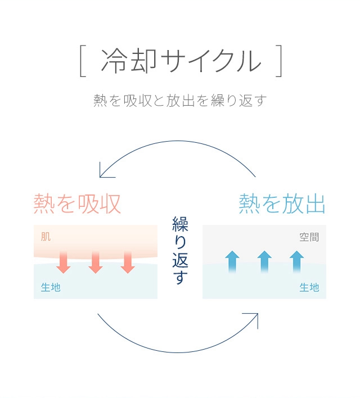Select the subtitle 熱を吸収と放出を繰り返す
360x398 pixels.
(179, 101)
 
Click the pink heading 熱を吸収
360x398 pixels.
(77, 203)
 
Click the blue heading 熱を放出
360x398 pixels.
(282, 203)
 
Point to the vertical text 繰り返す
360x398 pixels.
(180, 250)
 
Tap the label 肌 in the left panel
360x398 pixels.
(46, 237)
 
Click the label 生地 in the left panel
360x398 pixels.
(51, 287)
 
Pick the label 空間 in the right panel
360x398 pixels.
(309, 237)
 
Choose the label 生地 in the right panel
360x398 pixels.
(309, 287)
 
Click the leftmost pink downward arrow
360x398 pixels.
(64, 262)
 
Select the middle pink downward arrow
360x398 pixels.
(96, 262)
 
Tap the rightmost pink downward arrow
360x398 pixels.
(128, 262)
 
